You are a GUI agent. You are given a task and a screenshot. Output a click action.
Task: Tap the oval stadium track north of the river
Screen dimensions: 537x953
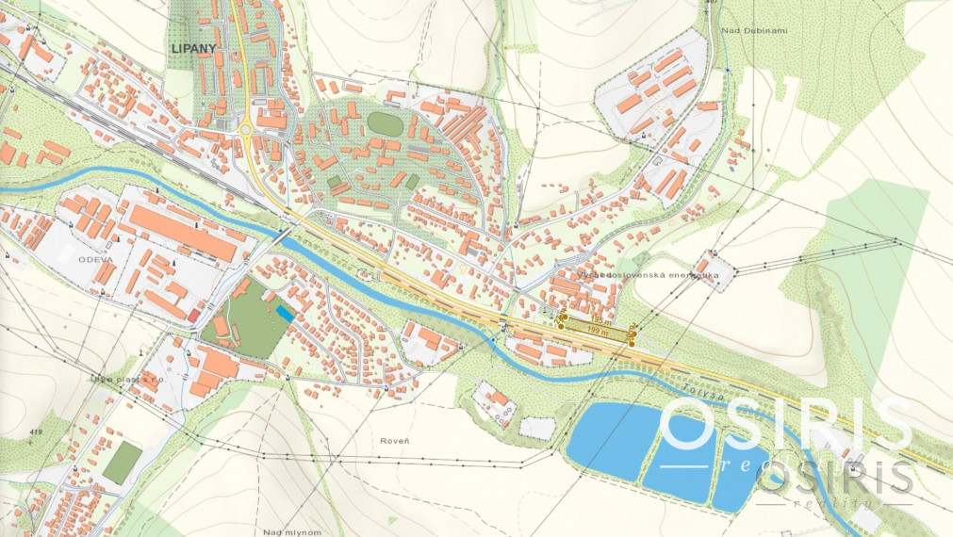click(382, 122)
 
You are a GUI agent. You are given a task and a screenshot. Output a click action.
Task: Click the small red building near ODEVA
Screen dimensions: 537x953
click(195, 314)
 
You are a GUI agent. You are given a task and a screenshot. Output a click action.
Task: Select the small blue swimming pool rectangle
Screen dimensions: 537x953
click(285, 312)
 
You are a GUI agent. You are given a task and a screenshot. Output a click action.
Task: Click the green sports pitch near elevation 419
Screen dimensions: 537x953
click(123, 461)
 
